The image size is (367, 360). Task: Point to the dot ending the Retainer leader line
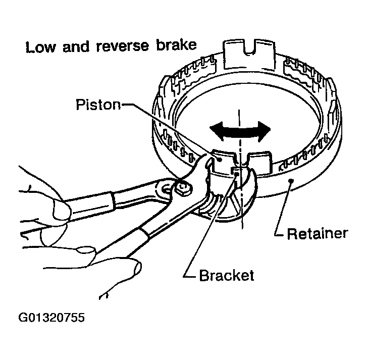click(289, 180)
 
